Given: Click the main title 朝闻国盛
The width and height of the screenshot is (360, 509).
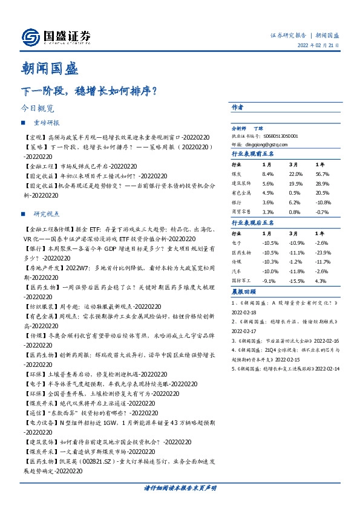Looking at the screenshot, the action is (48, 68).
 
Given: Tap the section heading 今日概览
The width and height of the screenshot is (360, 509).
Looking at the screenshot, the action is (37, 109).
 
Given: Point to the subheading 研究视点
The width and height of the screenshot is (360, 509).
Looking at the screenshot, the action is (47, 214).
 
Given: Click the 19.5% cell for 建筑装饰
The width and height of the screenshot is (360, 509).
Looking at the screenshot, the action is (296, 183).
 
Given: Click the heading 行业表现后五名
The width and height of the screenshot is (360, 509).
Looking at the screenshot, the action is (251, 222).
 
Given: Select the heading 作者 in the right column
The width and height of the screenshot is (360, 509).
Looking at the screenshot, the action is (238, 107).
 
